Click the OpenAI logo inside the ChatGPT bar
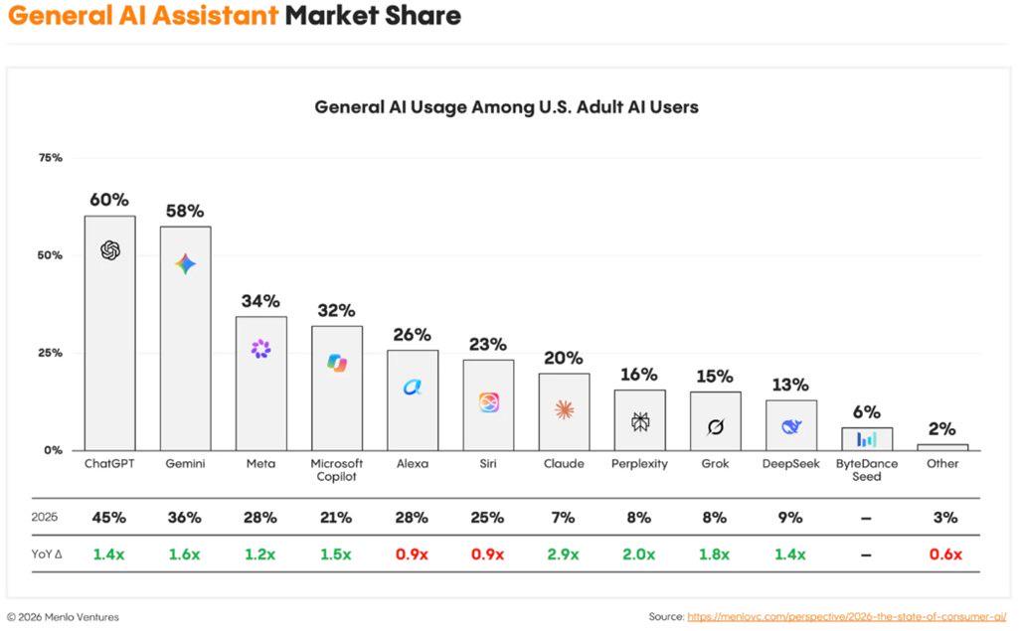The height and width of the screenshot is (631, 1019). [x=110, y=250]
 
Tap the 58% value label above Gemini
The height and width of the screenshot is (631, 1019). [x=185, y=211]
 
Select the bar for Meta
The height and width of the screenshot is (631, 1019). [x=260, y=384]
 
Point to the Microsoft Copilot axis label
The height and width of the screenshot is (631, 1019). [x=337, y=470]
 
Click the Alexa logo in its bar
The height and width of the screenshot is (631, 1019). [x=412, y=388]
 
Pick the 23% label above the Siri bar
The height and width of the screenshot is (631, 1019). [x=488, y=344]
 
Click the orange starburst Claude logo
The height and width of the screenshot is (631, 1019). [x=564, y=409]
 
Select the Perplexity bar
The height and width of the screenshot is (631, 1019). [x=639, y=419]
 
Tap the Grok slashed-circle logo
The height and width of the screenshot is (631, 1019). [x=716, y=427]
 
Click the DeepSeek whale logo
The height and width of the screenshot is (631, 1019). [x=791, y=426]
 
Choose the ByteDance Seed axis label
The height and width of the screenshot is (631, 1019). [x=867, y=470]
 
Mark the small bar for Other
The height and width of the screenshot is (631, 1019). [x=942, y=447]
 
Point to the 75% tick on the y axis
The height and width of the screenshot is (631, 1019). [x=50, y=158]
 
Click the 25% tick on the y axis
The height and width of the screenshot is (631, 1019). [x=50, y=353]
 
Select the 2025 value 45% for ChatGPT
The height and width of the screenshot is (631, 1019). [x=108, y=518]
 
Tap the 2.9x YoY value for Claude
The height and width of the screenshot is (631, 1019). [x=563, y=554]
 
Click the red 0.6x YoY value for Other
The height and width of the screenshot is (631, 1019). [x=945, y=554]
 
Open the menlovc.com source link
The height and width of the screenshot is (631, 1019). [x=847, y=617]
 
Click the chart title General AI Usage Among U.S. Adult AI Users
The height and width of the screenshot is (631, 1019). [x=506, y=107]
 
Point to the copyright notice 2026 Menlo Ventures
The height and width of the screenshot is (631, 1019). [x=63, y=617]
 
